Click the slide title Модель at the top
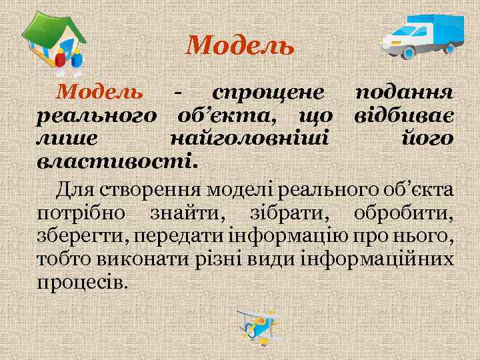[x=240, y=45]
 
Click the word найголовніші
[x=249, y=139]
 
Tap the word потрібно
[x=79, y=213]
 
